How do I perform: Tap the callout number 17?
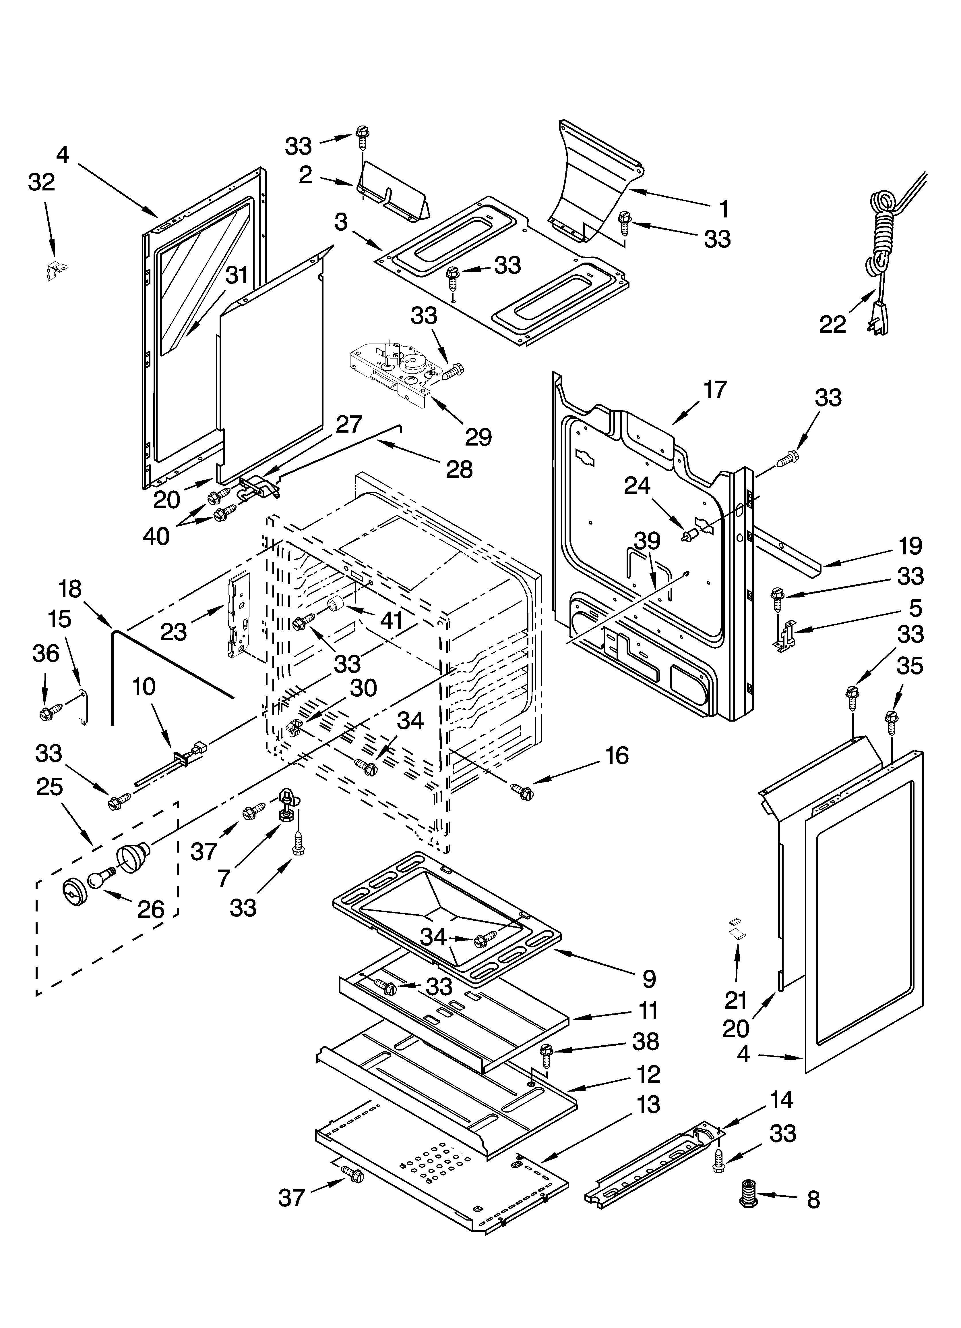[x=715, y=390]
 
